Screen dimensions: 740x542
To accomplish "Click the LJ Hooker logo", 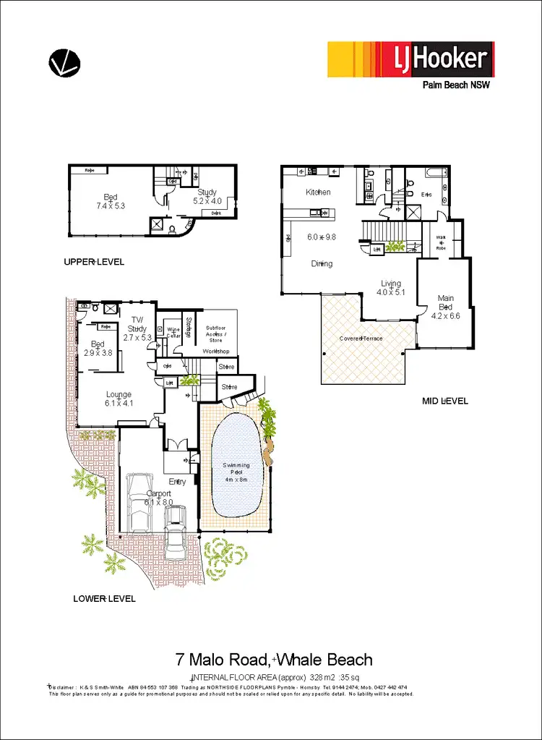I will [x=410, y=59].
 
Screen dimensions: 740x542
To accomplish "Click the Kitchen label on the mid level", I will [x=318, y=192].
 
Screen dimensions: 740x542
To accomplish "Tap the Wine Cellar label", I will [x=173, y=333].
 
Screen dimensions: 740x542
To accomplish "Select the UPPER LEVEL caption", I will [x=94, y=262].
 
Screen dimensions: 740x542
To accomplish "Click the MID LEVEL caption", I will [x=444, y=401].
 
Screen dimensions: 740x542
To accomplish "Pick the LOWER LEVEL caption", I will [x=104, y=599].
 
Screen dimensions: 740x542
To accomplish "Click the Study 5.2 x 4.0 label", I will [x=205, y=197].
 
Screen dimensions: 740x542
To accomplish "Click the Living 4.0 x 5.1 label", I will [x=390, y=288].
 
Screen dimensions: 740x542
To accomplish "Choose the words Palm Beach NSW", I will [x=457, y=85].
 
